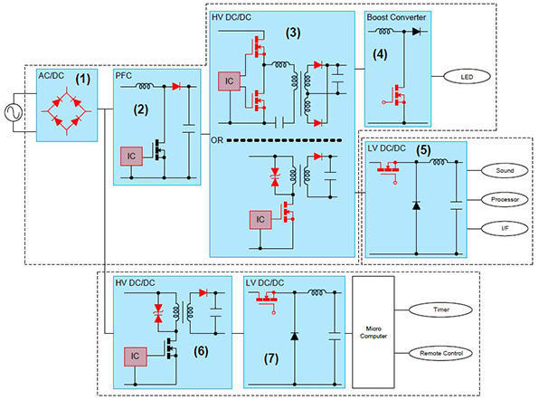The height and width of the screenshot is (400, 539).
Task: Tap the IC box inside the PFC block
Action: (x=129, y=155)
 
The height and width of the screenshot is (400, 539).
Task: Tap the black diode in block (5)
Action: (x=416, y=205)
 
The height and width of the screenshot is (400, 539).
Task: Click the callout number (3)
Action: (x=292, y=34)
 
